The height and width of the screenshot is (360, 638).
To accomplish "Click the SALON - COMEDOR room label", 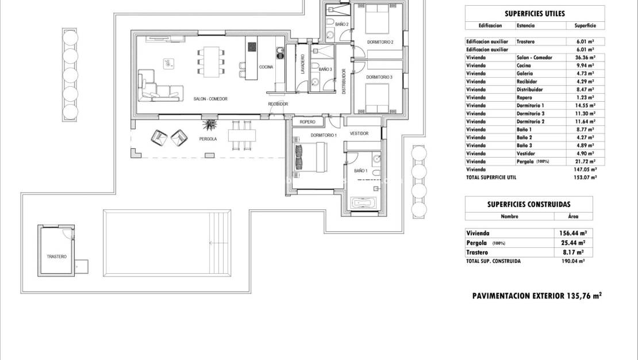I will pos(211,99).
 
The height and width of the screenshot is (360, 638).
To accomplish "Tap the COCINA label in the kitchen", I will pos(266,67).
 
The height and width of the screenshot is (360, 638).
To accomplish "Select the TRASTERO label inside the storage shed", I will pos(56,256).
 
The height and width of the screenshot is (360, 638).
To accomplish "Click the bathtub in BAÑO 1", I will pos(363,203).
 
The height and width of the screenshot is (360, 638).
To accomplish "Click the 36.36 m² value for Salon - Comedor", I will pos(585,58).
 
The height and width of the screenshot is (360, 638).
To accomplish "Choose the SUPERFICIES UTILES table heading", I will pos(535,13).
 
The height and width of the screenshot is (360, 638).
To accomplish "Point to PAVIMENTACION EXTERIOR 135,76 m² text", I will pos(536,296).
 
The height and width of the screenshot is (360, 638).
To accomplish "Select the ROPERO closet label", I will pos(308,122).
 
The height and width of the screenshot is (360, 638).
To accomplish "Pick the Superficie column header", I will pos(585,26).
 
